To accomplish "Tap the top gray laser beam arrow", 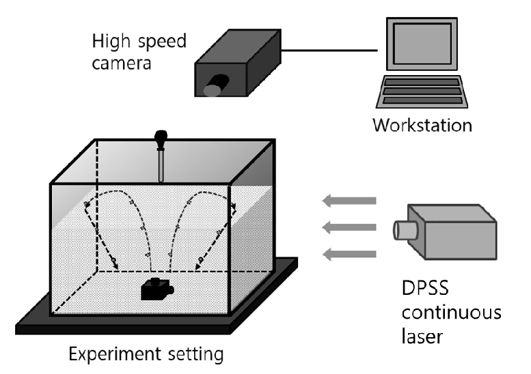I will (349, 201).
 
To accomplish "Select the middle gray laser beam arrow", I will (349, 227).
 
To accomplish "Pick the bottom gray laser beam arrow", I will (349, 255).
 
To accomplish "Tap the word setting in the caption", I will (195, 356).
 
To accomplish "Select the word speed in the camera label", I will (161, 43).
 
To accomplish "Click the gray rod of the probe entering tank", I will (161, 166).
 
